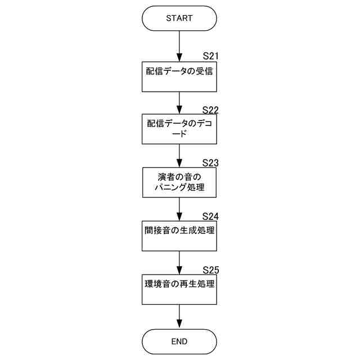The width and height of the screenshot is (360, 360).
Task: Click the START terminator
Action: (x=179, y=18)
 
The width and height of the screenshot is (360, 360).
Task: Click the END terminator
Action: (x=179, y=341)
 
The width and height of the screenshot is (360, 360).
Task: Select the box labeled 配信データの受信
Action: (x=179, y=76)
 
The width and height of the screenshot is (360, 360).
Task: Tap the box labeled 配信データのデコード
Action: (x=179, y=129)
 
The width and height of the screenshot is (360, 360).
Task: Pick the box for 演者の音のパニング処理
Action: (x=179, y=183)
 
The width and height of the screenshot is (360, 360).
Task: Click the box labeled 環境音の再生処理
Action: (x=179, y=289)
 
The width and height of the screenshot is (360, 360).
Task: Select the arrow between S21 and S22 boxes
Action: (x=179, y=103)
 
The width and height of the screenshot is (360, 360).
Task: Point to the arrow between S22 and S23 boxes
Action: (x=179, y=156)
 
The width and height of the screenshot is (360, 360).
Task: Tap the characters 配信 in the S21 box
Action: (x=153, y=71)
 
